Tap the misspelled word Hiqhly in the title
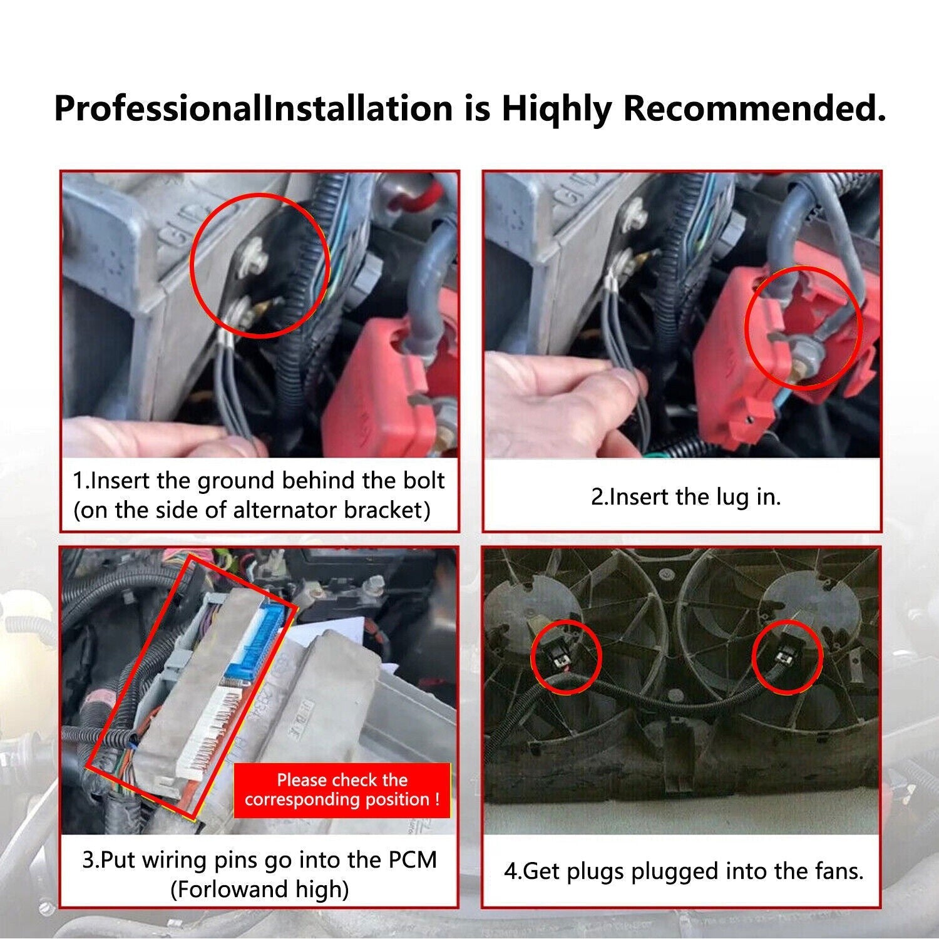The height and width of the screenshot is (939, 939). pyautogui.click(x=556, y=110)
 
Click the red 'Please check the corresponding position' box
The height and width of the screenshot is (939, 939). pyautogui.click(x=342, y=790)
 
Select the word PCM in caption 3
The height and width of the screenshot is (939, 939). pyautogui.click(x=412, y=859)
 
